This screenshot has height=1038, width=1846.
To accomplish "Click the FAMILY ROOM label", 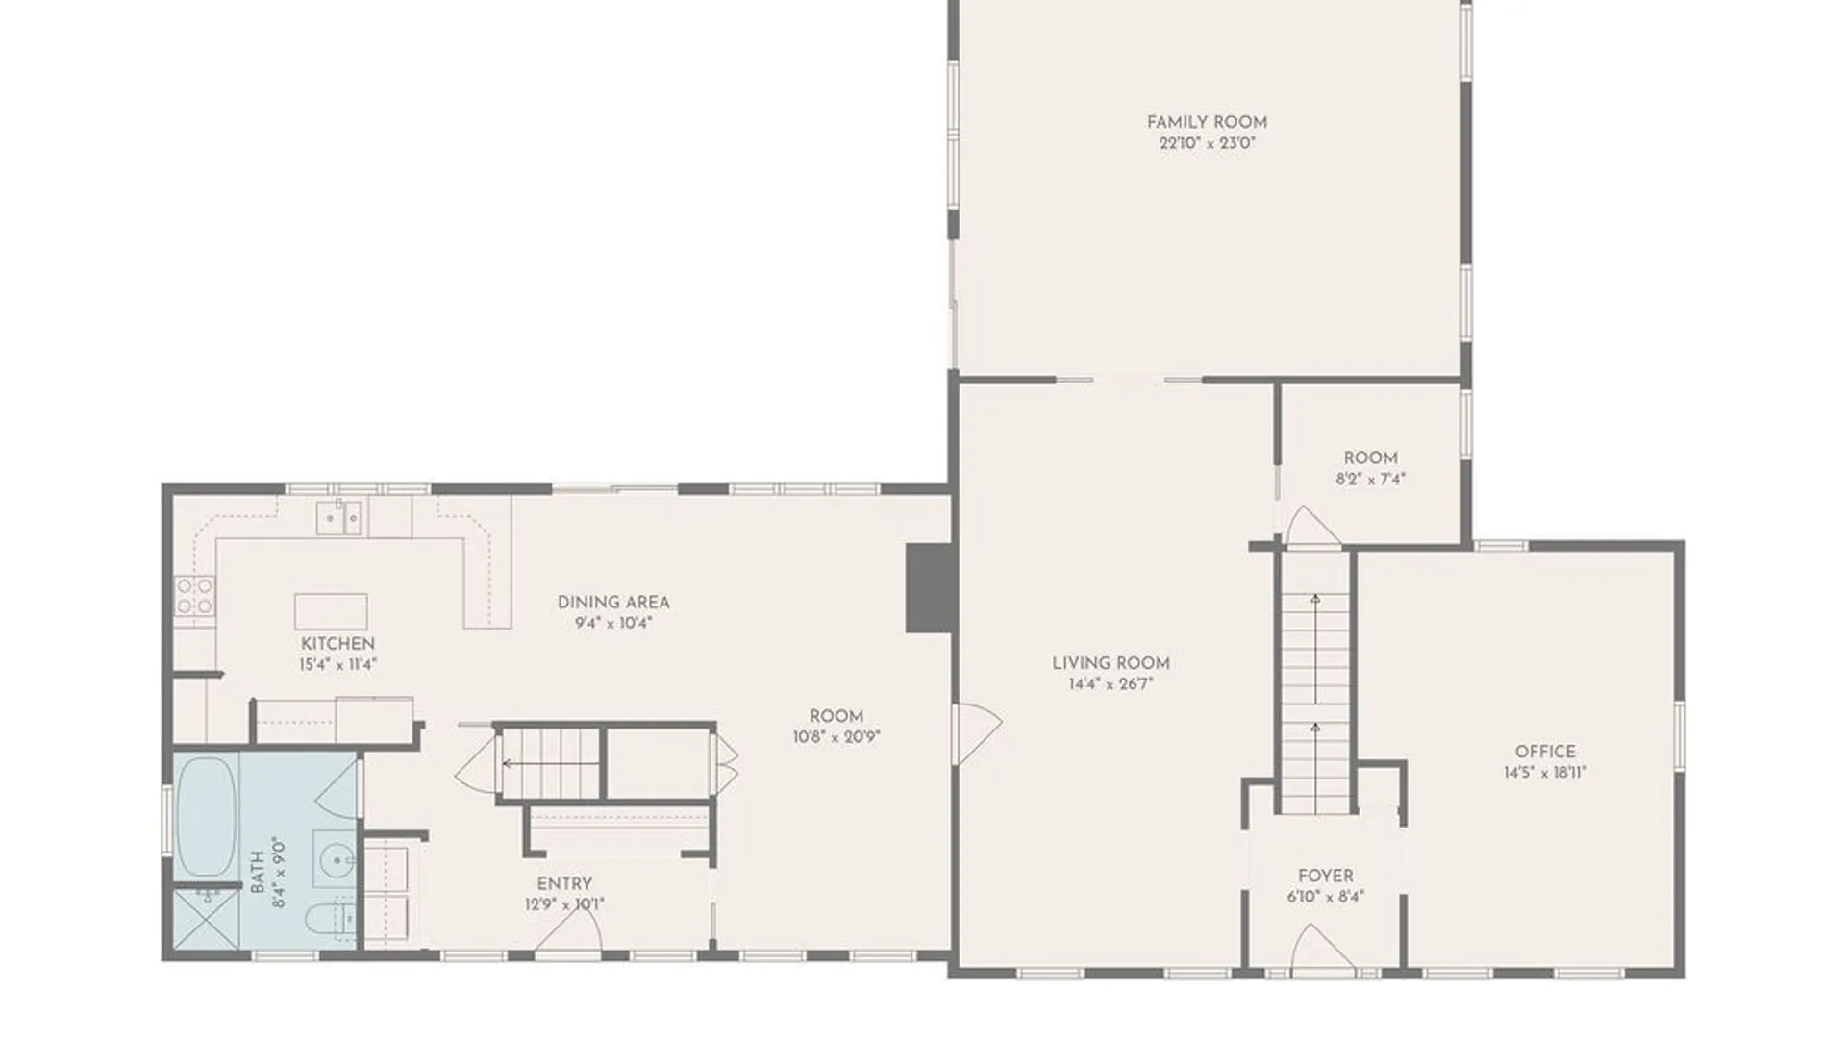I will point(1207,122).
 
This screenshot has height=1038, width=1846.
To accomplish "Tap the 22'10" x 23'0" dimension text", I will point(1207,143).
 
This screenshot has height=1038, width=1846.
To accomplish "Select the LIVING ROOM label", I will point(1110,663).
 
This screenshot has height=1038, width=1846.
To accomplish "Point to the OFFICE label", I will point(1545,752).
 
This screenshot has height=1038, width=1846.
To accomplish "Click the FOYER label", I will point(1325,876).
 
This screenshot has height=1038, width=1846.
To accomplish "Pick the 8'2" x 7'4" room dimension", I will point(1370,479).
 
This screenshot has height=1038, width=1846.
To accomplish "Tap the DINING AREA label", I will point(613,603).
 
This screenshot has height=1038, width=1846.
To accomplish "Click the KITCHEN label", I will point(337,644).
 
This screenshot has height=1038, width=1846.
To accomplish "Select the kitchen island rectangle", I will point(331,611).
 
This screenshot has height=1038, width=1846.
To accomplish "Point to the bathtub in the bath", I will point(208,816).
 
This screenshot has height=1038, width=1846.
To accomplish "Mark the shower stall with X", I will point(206,921).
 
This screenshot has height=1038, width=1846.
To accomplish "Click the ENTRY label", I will point(564,883).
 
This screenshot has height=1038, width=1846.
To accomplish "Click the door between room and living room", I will point(976,734).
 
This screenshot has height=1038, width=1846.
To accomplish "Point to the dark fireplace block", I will point(930,588).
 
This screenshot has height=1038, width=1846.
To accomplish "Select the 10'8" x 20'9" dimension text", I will point(836,737).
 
